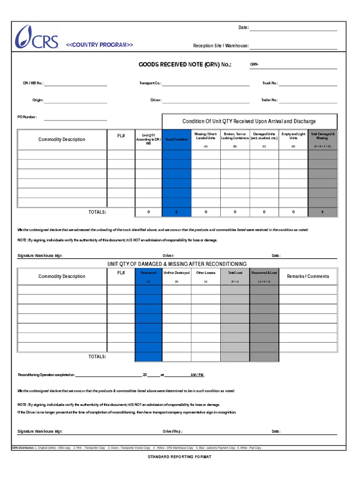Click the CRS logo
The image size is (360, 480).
(x=37, y=37)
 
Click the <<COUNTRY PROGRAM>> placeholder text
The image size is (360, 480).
(x=99, y=45)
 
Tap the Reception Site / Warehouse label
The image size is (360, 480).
(x=220, y=46)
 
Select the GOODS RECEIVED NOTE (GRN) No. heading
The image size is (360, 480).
(x=185, y=65)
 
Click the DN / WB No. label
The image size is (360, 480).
(x=33, y=83)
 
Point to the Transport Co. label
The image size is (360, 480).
(x=150, y=83)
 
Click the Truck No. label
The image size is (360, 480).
(x=270, y=83)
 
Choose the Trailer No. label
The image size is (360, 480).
(x=270, y=100)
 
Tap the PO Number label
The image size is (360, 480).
(x=27, y=117)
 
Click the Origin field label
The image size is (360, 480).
(x=37, y=100)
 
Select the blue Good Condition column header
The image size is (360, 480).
(x=177, y=140)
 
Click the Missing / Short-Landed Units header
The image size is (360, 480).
(x=206, y=136)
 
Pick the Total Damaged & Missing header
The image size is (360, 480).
(x=322, y=136)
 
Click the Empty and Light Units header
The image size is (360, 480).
(x=293, y=136)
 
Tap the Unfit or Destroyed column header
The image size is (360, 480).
(x=176, y=273)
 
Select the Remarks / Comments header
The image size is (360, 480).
(x=308, y=277)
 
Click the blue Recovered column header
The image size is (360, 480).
(x=149, y=273)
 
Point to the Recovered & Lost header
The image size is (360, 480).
(x=264, y=273)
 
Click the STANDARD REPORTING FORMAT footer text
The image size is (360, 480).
(x=180, y=457)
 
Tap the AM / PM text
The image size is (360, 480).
(x=197, y=375)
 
